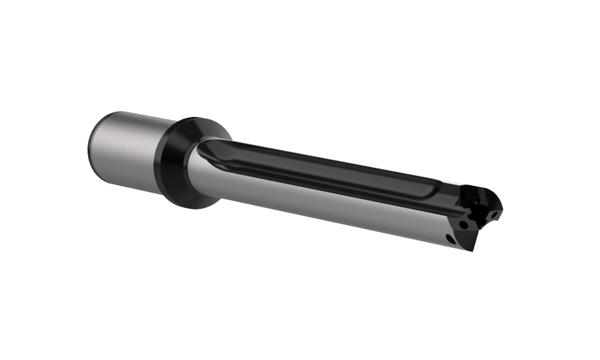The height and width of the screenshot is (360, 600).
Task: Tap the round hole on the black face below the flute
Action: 464,224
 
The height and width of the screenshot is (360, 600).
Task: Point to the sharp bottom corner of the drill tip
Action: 473,250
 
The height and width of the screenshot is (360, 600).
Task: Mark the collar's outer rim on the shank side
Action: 162,162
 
